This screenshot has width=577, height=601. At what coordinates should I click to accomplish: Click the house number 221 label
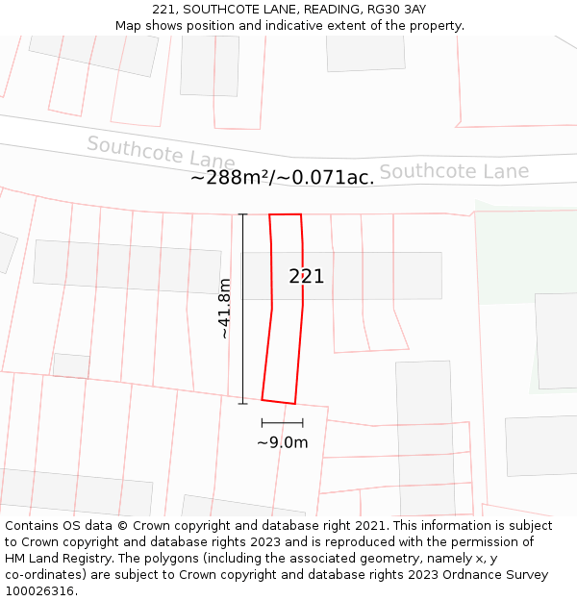[307, 277]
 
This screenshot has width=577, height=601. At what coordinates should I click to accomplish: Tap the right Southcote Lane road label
[454, 172]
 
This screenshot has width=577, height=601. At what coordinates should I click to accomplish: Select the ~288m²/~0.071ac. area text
[282, 178]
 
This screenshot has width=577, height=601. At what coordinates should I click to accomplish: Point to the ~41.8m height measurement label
[224, 309]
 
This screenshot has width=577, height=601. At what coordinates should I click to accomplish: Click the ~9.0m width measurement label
[282, 442]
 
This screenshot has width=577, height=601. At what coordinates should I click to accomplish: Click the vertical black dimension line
[243, 309]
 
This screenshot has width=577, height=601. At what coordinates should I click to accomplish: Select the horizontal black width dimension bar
[282, 422]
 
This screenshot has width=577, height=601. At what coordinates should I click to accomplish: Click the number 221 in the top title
[164, 10]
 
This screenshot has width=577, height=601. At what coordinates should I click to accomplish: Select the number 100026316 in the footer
[39, 590]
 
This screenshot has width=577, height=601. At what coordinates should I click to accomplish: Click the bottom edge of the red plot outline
[278, 402]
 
